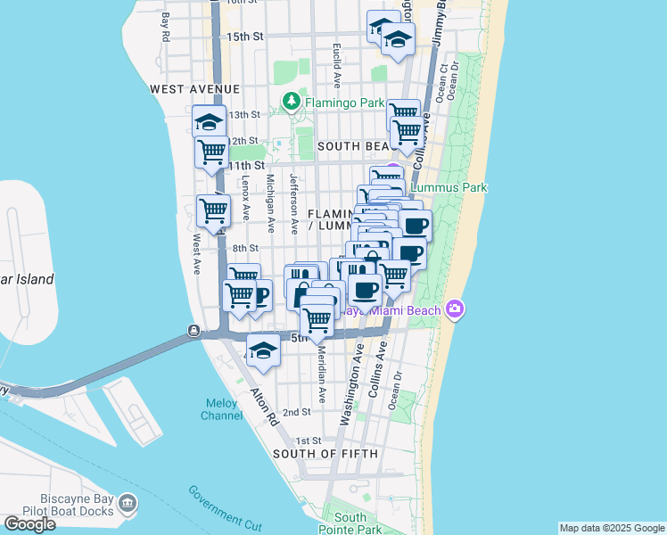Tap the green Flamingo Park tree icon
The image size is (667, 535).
(291, 103)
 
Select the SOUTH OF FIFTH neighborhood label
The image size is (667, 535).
(325, 454)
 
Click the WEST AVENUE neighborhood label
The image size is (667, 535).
(195, 89)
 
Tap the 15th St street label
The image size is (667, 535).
(245, 37)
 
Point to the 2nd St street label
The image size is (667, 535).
(296, 412)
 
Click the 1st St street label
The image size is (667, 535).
(308, 441)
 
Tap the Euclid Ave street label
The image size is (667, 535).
(337, 66)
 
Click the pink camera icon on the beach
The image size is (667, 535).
(456, 309)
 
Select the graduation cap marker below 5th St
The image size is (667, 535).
(263, 352)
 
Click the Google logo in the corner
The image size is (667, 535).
(29, 524)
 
